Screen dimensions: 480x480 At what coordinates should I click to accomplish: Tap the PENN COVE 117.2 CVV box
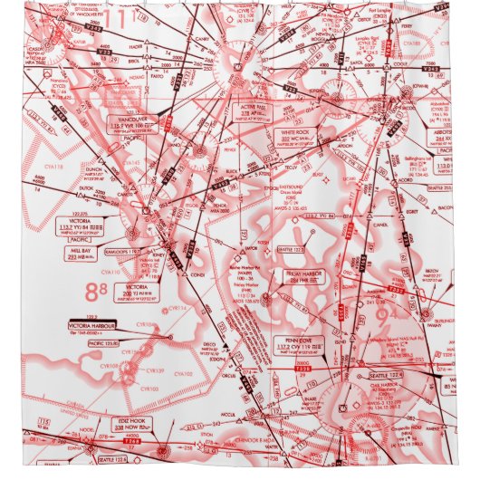(295, 345)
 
